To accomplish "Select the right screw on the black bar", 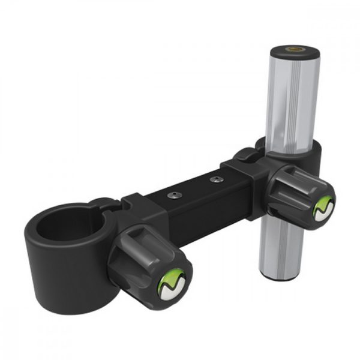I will [214, 178].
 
